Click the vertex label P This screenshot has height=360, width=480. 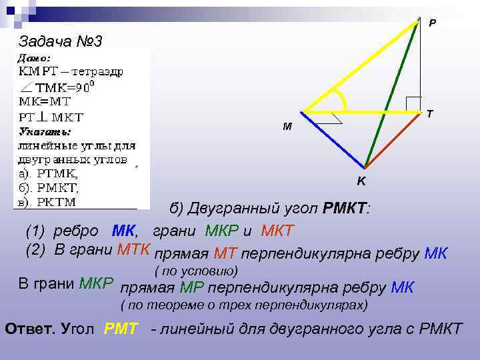pos(432,23)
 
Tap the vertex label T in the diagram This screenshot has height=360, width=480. pos(430,114)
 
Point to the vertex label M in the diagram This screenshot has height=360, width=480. pos(287,126)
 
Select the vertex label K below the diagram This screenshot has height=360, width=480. pos(361,181)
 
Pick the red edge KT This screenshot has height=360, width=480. pos(393,139)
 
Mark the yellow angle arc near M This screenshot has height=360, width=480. pos(343,99)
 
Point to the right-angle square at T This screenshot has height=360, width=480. pos(414,104)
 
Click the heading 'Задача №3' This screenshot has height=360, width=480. pos(60,42)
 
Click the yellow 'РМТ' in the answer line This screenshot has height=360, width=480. pos(121,328)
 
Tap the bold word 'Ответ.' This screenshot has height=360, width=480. pos(31,328)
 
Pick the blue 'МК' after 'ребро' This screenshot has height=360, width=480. pos(124,231)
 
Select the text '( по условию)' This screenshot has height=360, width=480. pos(196,271)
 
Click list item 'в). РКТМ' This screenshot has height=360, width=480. pos(47,201)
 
